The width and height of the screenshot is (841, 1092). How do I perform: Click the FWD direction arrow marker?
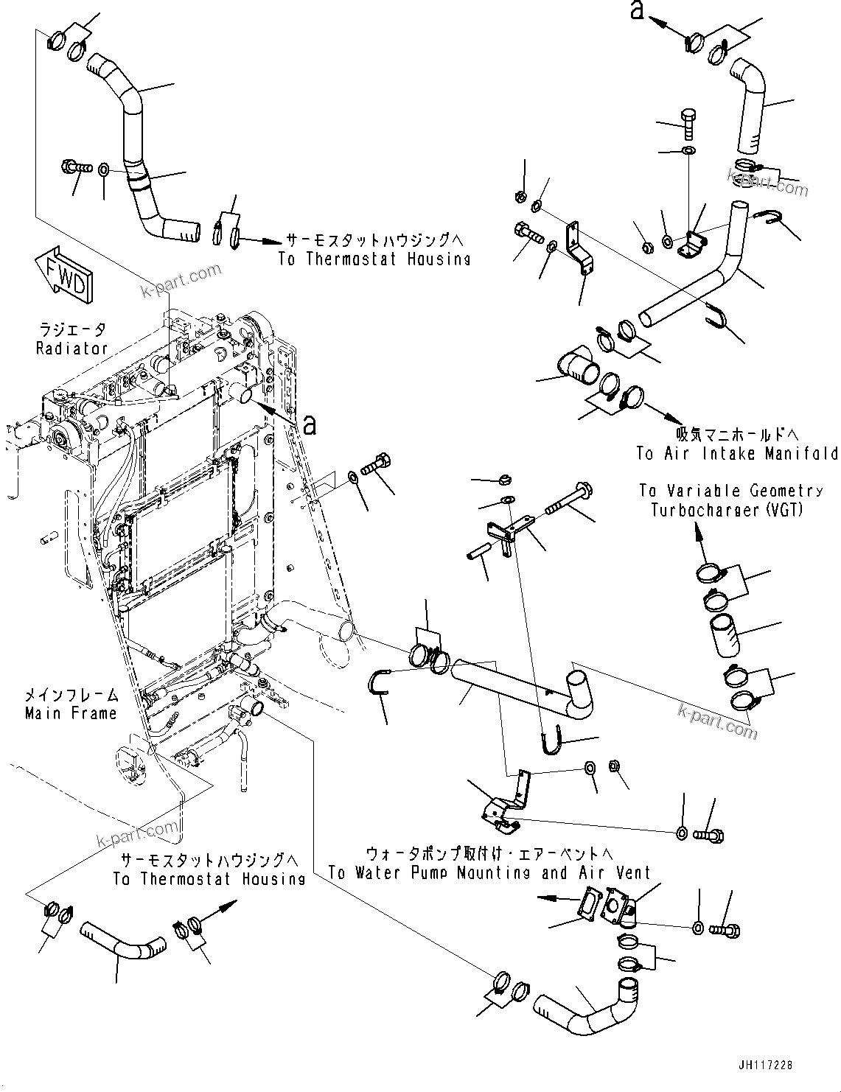click(x=65, y=274)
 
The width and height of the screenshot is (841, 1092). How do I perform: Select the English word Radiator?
click(x=71, y=348)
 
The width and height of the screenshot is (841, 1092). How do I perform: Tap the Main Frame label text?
click(x=71, y=713)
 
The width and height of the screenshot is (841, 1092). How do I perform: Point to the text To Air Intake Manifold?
click(x=737, y=454)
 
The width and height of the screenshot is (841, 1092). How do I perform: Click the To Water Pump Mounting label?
click(x=489, y=873)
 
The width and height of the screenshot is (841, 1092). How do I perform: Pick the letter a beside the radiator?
click(x=310, y=424)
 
